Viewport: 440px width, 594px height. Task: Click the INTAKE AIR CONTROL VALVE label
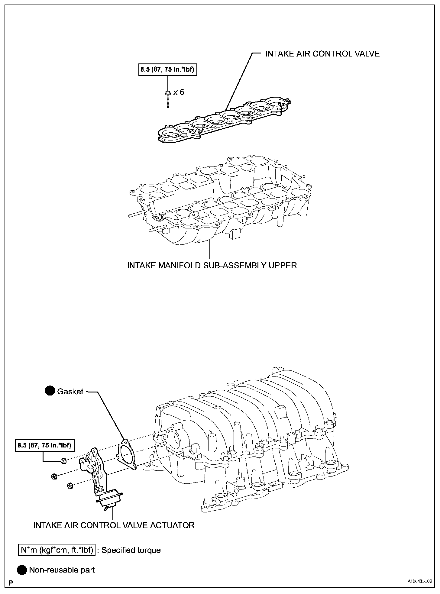pyautogui.click(x=322, y=54)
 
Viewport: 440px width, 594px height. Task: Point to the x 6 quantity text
pyautogui.click(x=179, y=92)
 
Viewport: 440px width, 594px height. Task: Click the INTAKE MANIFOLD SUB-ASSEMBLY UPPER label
pyautogui.click(x=212, y=265)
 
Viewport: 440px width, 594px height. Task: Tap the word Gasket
pyautogui.click(x=70, y=392)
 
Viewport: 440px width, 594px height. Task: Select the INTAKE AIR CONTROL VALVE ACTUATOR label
pyautogui.click(x=114, y=525)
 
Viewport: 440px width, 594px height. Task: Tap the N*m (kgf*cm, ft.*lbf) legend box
pyautogui.click(x=57, y=550)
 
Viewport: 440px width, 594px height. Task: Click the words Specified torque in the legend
pyautogui.click(x=131, y=550)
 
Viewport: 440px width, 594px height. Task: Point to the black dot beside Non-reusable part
pyautogui.click(x=22, y=570)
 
